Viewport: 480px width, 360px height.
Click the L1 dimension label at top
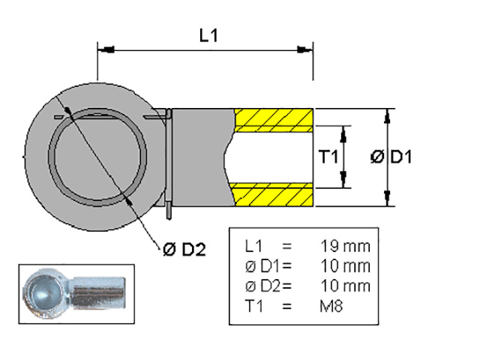pos(208,35)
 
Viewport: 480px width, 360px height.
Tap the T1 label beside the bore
pos(327,157)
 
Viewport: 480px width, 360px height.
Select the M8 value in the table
pos(331,306)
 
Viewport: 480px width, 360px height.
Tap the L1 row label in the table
pos(254,246)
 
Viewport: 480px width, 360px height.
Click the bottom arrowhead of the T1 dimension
pos(344,183)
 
